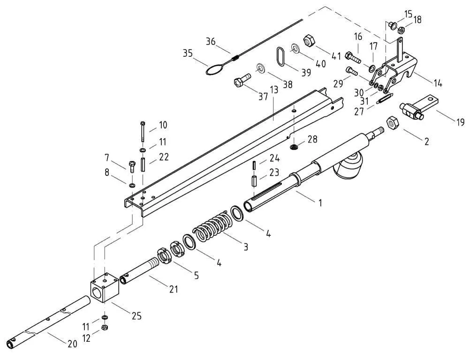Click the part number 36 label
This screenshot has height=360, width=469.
(x=211, y=42)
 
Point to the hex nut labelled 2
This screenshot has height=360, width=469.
(x=392, y=125)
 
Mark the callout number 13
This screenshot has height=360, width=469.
(x=274, y=90)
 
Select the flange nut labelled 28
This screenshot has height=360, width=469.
(x=294, y=147)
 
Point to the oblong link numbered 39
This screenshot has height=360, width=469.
(x=280, y=58)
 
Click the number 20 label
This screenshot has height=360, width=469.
(x=72, y=344)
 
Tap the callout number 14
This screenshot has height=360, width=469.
(x=438, y=84)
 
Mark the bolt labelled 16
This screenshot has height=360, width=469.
(x=353, y=58)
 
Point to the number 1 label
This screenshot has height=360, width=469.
(x=320, y=202)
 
